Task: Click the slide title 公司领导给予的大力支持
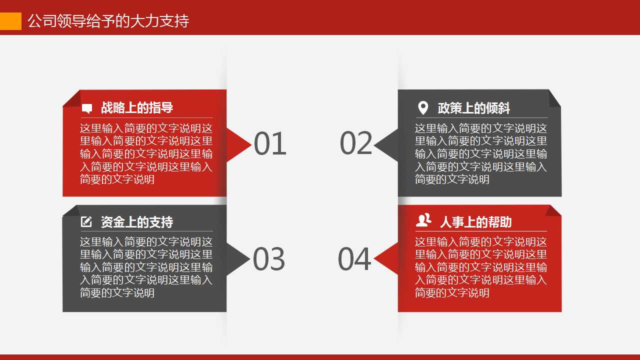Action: [108, 21]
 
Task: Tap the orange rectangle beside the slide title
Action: [10, 21]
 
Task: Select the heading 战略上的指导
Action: [137, 107]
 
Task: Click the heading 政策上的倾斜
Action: [474, 108]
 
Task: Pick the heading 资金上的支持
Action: [137, 222]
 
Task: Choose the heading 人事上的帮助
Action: [475, 222]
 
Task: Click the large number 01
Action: [270, 144]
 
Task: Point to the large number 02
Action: [356, 143]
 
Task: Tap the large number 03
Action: [269, 259]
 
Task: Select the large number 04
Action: [354, 259]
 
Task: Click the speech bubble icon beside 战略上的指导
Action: [87, 108]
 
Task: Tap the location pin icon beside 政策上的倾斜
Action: [423, 107]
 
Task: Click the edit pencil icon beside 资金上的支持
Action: [86, 221]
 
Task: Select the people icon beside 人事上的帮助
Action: [423, 220]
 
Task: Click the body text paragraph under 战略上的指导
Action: [146, 153]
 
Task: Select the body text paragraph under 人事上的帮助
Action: [481, 267]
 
